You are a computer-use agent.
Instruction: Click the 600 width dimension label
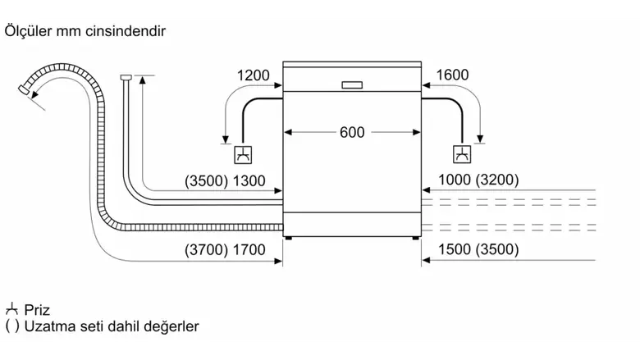[351, 132]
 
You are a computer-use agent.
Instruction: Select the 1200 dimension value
[253, 75]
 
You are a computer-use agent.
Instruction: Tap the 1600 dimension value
[452, 75]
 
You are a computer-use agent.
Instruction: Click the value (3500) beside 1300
[205, 180]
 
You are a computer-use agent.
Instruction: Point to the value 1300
[249, 180]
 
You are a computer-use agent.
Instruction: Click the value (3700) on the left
[205, 250]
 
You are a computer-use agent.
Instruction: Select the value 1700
[249, 250]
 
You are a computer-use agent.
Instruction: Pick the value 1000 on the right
[455, 180]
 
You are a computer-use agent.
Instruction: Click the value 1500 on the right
[455, 250]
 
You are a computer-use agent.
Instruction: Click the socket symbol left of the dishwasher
[243, 154]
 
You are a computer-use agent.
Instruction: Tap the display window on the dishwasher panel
[351, 84]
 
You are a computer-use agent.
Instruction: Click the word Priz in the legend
[38, 310]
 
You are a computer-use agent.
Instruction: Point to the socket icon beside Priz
[11, 310]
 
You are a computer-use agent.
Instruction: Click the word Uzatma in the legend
[48, 326]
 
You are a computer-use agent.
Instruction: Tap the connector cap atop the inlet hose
[125, 78]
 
